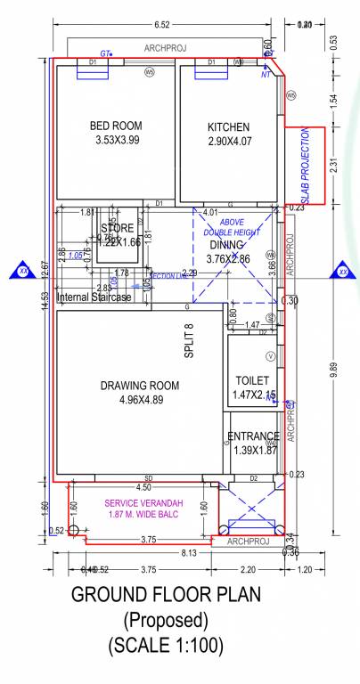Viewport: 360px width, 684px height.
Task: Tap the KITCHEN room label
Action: tap(228, 126)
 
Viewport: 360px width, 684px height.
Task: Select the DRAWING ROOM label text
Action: tap(140, 386)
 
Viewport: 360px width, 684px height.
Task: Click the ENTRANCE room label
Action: tap(254, 436)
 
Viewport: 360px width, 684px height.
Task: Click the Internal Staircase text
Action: tap(93, 297)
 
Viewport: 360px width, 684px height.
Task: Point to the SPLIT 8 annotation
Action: tap(189, 341)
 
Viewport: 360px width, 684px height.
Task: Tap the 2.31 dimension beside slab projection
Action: tap(333, 165)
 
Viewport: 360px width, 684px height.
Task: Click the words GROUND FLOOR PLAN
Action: tap(166, 595)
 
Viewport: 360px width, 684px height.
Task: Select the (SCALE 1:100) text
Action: tap(166, 643)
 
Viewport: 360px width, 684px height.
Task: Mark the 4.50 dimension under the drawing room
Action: tap(143, 488)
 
